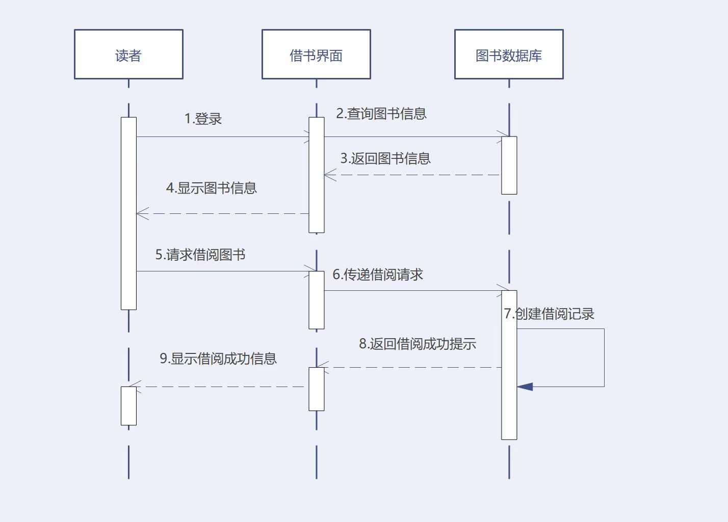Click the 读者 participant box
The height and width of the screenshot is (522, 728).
click(x=128, y=54)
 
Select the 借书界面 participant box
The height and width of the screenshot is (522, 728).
click(x=316, y=54)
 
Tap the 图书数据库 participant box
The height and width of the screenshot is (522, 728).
click(x=509, y=54)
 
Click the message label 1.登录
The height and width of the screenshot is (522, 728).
click(x=203, y=119)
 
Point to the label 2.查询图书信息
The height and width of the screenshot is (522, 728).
click(x=381, y=114)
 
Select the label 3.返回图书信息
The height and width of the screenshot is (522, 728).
click(x=385, y=159)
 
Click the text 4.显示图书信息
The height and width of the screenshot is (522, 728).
click(x=211, y=188)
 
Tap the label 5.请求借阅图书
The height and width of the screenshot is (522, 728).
click(x=200, y=255)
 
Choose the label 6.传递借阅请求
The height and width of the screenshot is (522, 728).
click(x=378, y=275)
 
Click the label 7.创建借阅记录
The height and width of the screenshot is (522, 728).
click(x=549, y=314)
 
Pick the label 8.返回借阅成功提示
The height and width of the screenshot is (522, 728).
click(x=418, y=344)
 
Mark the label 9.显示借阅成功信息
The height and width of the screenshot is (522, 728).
click(x=218, y=359)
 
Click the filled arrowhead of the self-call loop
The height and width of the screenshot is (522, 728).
click(x=525, y=387)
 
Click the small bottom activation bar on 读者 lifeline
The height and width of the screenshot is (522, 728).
click(x=128, y=406)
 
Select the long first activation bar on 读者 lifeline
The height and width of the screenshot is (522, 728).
click(x=128, y=213)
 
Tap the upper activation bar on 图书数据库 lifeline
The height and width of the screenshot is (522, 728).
click(x=509, y=165)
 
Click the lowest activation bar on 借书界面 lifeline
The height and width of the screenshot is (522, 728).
click(x=316, y=389)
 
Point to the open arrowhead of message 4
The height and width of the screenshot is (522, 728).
click(x=142, y=214)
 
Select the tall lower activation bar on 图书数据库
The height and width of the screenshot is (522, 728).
click(x=509, y=365)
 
